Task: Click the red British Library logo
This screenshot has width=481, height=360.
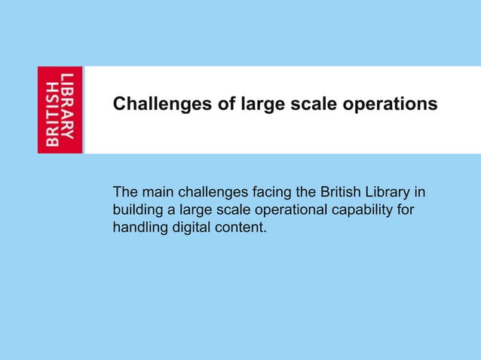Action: pyautogui.click(x=60, y=110)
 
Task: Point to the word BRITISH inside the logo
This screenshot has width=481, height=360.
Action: pyautogui.click(x=52, y=110)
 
